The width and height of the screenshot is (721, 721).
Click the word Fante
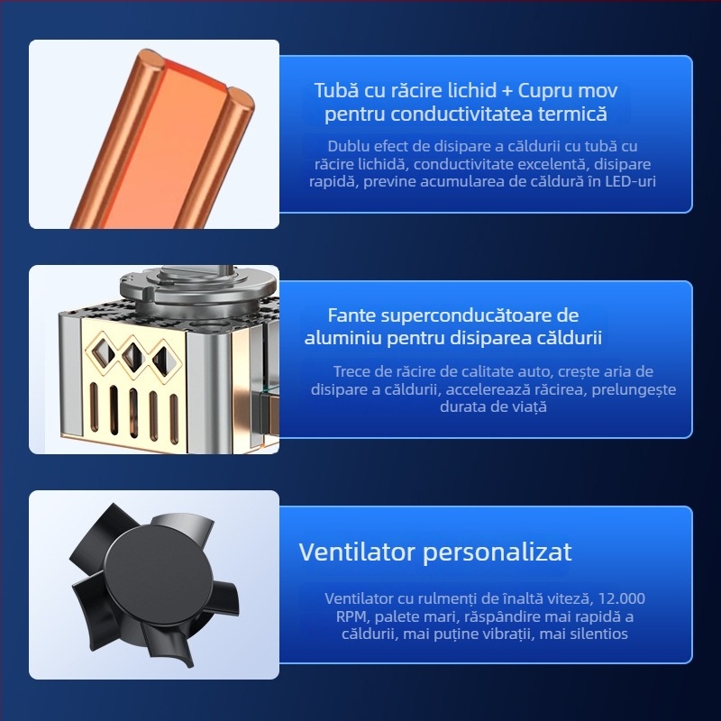(x=351, y=315)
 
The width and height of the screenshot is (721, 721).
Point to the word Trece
(x=352, y=371)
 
